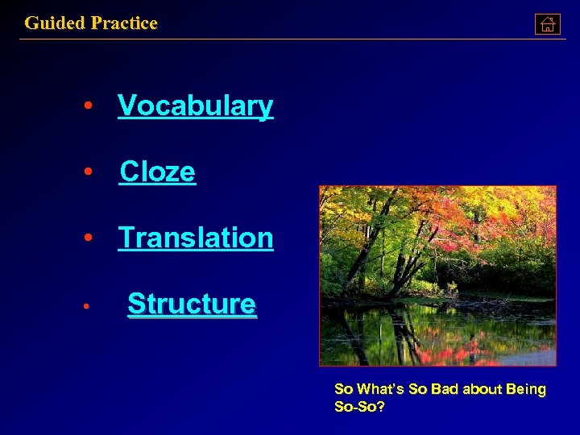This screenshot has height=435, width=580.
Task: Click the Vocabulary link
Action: tap(195, 106)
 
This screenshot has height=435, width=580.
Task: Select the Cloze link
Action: tap(157, 172)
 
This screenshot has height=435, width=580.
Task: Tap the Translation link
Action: tap(196, 238)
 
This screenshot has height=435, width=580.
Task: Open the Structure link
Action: tap(192, 304)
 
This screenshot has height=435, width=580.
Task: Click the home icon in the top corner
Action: tap(547, 24)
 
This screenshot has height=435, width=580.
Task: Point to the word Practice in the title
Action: tap(124, 23)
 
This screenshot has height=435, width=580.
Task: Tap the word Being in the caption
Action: tap(526, 390)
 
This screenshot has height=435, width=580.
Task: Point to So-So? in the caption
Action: tap(359, 407)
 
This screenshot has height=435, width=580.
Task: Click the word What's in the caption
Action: tap(382, 390)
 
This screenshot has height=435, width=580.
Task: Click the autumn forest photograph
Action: tap(437, 275)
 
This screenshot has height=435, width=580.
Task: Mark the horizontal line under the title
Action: tap(290, 39)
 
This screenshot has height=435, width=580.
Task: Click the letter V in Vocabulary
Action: tap(126, 106)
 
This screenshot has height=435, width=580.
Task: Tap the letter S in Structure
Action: tap(136, 304)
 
